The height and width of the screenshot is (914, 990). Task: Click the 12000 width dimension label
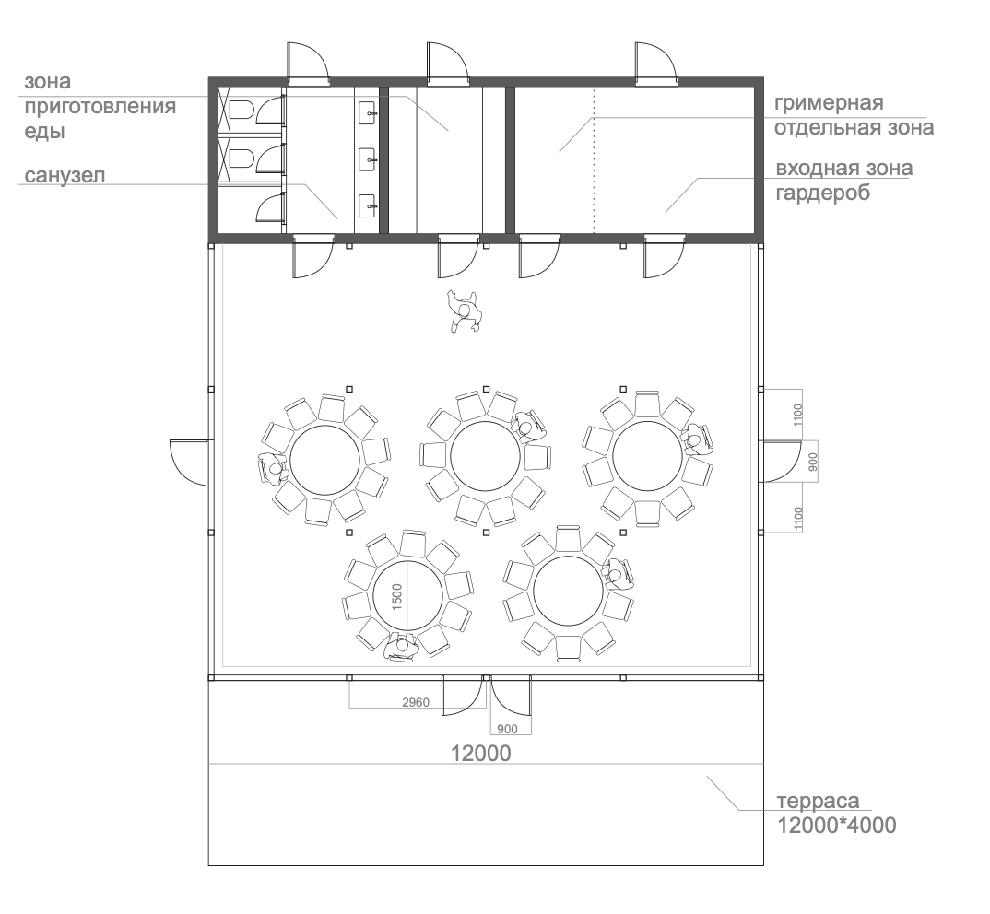click(x=480, y=754)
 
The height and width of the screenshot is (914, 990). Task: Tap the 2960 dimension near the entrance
click(x=416, y=702)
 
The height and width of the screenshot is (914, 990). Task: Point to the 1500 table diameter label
click(x=396, y=596)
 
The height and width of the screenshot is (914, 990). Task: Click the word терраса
click(x=818, y=801)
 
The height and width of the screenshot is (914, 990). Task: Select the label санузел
click(x=65, y=175)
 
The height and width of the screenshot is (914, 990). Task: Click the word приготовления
click(x=100, y=107)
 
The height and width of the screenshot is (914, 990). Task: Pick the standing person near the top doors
click(x=465, y=311)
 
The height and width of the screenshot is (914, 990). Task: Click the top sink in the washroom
click(x=368, y=113)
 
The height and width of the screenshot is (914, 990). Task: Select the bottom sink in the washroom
click(x=368, y=205)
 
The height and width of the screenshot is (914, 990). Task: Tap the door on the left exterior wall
click(x=187, y=463)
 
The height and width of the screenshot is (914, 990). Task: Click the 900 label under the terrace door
click(x=507, y=729)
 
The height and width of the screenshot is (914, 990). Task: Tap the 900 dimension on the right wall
click(x=813, y=462)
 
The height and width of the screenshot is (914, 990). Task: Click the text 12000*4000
click(x=836, y=826)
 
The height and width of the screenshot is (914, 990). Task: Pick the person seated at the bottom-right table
click(x=617, y=574)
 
